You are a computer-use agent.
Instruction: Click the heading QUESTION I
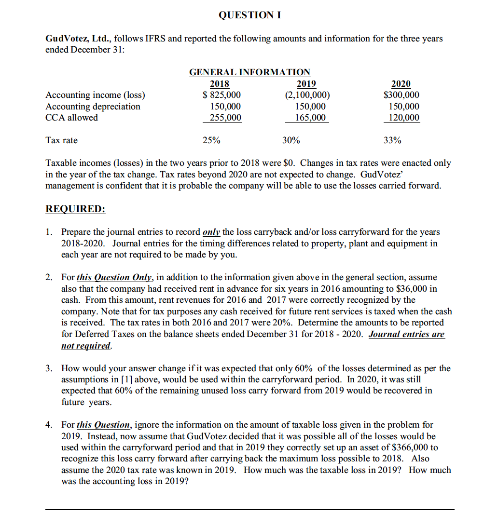click(x=249, y=15)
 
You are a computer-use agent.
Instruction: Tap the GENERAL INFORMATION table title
click(x=249, y=72)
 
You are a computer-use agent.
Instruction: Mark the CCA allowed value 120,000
click(x=404, y=118)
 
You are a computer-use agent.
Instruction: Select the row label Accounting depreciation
click(x=93, y=107)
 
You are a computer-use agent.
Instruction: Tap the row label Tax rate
click(x=61, y=140)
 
